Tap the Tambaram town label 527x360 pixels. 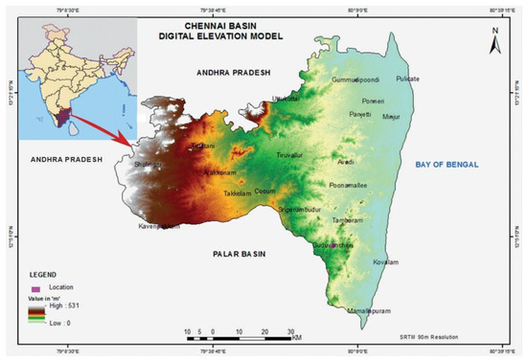346,219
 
